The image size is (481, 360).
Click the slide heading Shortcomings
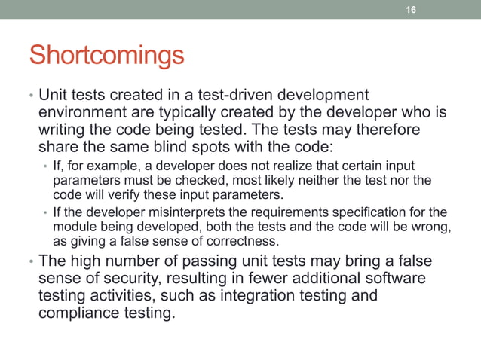click(106, 56)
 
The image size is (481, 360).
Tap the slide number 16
click(411, 9)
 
